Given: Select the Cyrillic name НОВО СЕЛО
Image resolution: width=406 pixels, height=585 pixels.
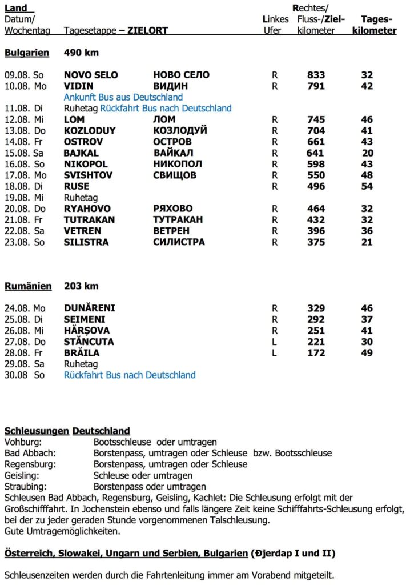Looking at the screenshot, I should point(181,75).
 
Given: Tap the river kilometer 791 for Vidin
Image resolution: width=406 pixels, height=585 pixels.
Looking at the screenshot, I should point(316,86).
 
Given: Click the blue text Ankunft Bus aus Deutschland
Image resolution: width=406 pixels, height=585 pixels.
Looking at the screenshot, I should point(123,97).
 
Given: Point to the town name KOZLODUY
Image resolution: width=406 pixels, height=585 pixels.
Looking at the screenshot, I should point(90,131).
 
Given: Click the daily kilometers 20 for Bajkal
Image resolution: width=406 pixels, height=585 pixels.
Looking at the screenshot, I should point(367,153).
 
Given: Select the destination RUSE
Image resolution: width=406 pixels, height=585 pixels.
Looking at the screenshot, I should point(77,186).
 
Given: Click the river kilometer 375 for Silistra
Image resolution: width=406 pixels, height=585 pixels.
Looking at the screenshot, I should point(316,242).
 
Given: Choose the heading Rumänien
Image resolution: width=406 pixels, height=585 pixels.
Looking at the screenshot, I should point(28,286).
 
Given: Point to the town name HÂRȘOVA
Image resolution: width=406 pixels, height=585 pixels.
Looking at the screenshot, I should point(87,331).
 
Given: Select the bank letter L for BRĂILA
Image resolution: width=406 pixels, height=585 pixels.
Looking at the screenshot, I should point(274,353).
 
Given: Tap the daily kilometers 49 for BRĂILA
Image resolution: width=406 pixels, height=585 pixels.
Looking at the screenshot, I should point(367,353).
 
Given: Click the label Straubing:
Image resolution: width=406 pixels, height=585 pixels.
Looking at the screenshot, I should point(25,487).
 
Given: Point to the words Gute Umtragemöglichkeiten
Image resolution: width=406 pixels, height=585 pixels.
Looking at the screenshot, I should point(62,531).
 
